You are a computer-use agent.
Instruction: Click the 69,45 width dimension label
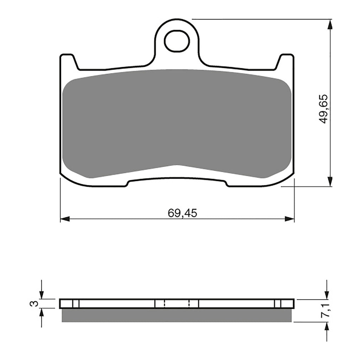[x=178, y=213]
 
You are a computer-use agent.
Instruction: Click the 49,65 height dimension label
[x=323, y=109]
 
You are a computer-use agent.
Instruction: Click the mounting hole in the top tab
[x=177, y=41]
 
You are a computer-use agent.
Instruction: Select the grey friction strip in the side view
[x=177, y=315]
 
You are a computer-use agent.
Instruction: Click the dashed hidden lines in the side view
[x=177, y=303]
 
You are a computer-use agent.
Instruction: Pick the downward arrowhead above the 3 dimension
[x=41, y=295]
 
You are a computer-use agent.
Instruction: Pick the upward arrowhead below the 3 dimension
[x=41, y=313]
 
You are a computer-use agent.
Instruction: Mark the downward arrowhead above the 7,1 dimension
[x=327, y=295]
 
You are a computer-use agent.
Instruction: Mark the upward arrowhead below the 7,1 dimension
[x=327, y=327]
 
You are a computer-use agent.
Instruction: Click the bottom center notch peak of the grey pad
[x=177, y=165]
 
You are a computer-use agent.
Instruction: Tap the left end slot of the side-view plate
[x=76, y=303]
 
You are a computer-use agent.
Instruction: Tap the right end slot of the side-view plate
[x=278, y=303]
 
